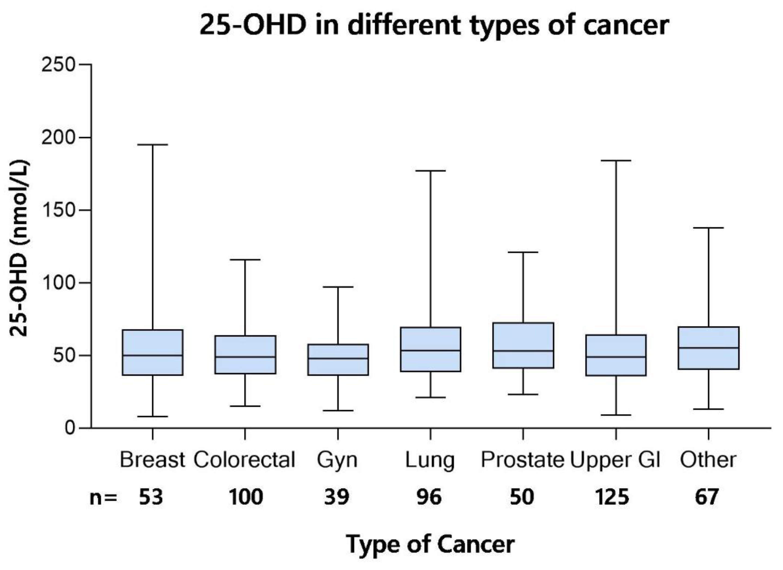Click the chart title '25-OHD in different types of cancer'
(434, 26)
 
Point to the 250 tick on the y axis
(85, 64)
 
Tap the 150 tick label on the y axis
(58, 210)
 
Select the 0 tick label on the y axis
(70, 428)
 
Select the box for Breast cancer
(153, 352)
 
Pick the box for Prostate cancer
(523, 345)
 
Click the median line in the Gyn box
(338, 358)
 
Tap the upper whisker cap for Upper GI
(616, 161)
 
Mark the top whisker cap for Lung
(431, 171)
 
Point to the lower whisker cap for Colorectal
(245, 406)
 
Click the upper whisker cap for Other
(709, 228)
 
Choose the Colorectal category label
(244, 460)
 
